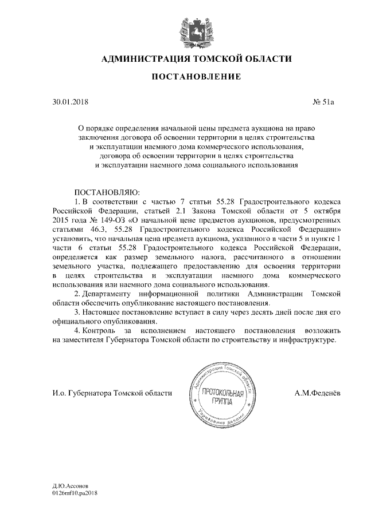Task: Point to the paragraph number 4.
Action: (x=77, y=331)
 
